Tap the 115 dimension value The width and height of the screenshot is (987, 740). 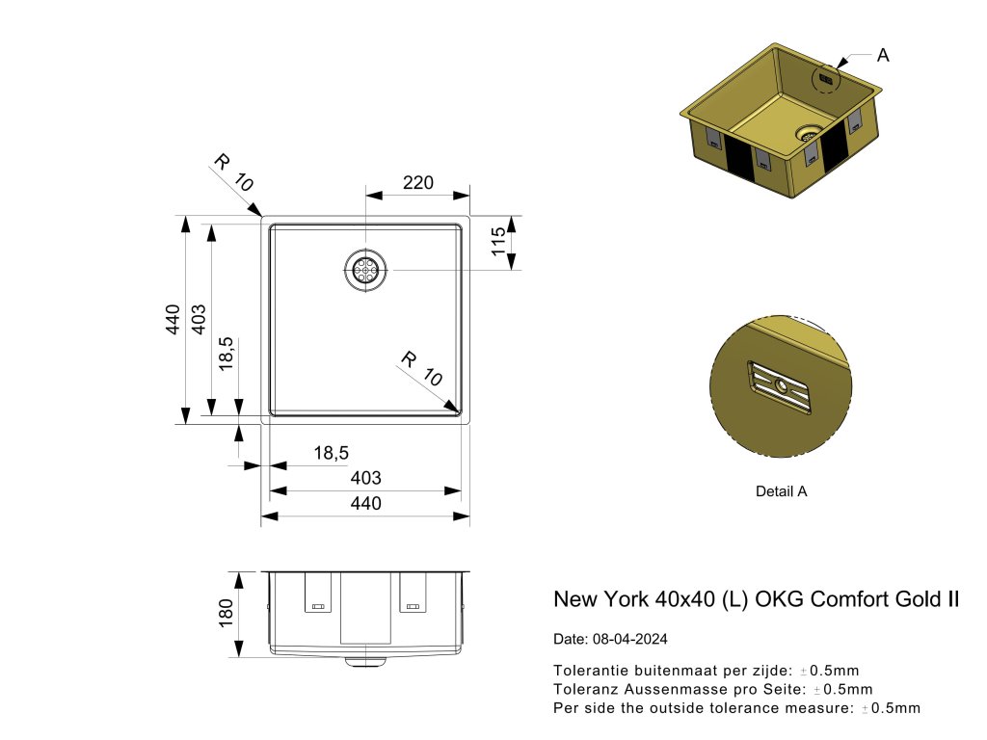pos(497,242)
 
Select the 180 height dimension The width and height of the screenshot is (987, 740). pos(227,614)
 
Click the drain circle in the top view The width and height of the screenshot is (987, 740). pos(366,270)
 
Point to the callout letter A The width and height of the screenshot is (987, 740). pos(883,55)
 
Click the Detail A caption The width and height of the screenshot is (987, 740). pos(781,491)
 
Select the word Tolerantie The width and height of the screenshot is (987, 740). pos(590,670)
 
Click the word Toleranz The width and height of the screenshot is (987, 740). pos(585,689)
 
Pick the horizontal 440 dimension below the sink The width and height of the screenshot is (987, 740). pos(365,504)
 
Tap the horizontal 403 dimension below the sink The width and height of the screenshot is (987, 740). pos(365,478)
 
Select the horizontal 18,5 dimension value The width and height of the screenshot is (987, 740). pos(331,452)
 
